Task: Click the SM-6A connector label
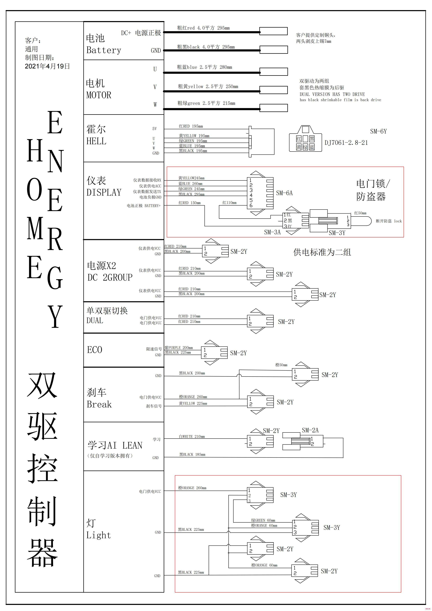click(284, 193)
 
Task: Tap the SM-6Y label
click(378, 131)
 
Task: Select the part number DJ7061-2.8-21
click(346, 143)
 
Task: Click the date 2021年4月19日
click(47, 66)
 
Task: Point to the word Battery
click(104, 50)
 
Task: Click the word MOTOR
click(99, 95)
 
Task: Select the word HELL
click(96, 141)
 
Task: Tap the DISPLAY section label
click(104, 192)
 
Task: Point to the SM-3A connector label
click(272, 232)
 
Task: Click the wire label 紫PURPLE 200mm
click(179, 347)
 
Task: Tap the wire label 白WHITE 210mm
click(192, 436)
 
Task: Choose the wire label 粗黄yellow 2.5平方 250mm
click(208, 87)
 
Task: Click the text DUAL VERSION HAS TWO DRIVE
click(332, 94)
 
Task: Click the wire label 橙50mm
click(281, 365)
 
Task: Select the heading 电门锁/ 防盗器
click(373, 190)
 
